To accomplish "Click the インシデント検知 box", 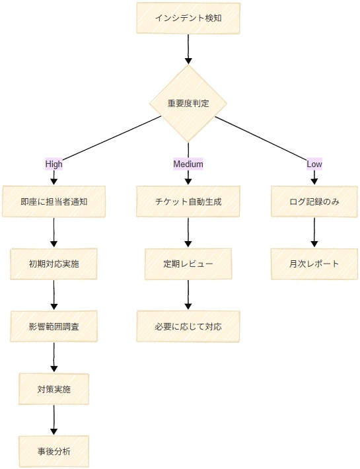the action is (x=188, y=18).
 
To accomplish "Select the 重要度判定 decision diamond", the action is (x=188, y=104).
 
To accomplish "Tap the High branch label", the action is (x=54, y=164).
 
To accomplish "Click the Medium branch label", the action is (x=188, y=164).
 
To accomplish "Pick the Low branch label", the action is (x=314, y=164).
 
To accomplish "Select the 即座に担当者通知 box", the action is (x=54, y=201).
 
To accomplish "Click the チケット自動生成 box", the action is (x=188, y=201).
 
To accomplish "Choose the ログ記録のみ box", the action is (x=314, y=201).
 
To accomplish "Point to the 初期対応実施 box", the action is (x=54, y=264).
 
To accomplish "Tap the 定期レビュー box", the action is (x=188, y=264).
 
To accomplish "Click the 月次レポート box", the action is (x=314, y=264).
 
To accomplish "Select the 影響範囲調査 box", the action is (x=54, y=326).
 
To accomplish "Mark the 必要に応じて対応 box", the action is (x=188, y=326).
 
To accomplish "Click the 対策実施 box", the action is (x=54, y=389).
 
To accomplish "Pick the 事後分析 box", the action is (x=54, y=451).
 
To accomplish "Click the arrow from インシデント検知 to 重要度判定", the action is (x=188, y=49).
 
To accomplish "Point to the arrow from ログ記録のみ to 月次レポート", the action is (x=314, y=233).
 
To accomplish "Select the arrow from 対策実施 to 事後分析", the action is (x=54, y=420).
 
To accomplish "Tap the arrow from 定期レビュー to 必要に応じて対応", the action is (x=188, y=295).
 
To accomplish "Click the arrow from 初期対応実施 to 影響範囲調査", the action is (x=54, y=295).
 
